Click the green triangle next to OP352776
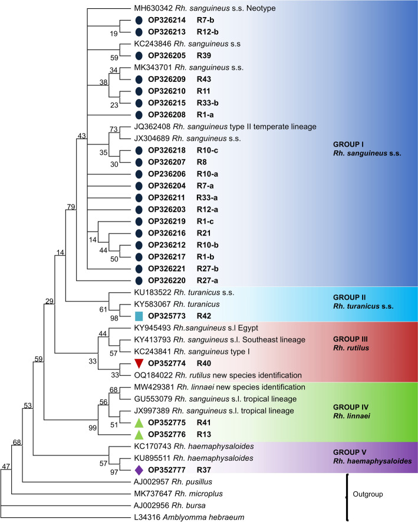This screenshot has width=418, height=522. coord(139,434)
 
